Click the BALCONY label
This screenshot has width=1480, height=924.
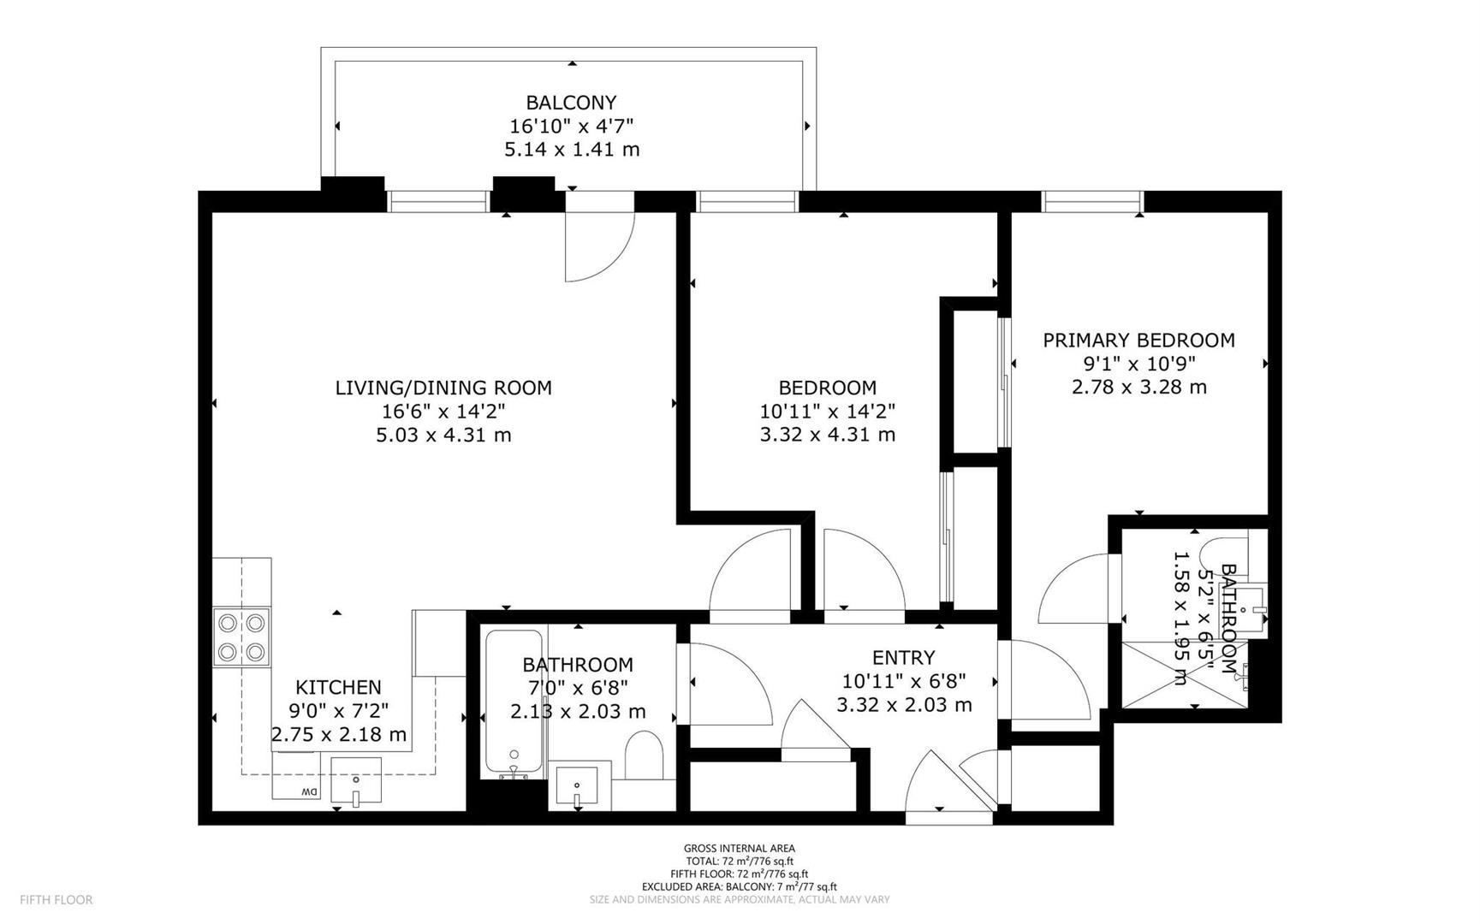(571, 103)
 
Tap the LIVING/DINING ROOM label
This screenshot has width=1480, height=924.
(443, 388)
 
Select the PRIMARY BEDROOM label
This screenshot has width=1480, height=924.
(1138, 341)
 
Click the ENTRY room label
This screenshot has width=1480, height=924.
(904, 657)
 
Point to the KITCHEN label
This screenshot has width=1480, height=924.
(338, 687)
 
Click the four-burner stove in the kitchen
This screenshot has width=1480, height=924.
(242, 637)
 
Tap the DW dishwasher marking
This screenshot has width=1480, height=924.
(307, 791)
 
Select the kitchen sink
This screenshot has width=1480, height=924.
(356, 780)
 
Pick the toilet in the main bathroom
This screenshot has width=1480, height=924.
(645, 756)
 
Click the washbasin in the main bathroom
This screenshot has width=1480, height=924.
(579, 785)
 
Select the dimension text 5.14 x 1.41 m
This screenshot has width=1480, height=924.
(572, 150)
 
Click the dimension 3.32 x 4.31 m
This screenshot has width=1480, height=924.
(827, 435)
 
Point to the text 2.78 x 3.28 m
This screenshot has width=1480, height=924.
(1138, 387)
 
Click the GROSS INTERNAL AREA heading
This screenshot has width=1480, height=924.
(739, 849)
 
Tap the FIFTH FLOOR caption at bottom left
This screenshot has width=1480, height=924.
(56, 899)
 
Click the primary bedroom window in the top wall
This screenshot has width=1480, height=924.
(1093, 201)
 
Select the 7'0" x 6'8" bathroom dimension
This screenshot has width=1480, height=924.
(578, 687)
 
